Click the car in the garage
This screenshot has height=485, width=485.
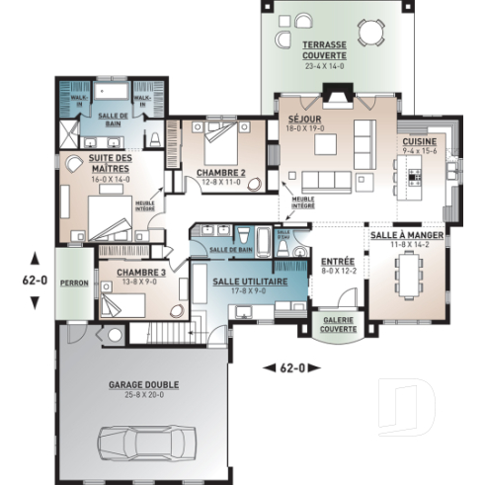point(145,440)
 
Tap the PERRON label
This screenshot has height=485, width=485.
point(73,283)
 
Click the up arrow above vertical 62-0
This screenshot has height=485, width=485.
point(35,258)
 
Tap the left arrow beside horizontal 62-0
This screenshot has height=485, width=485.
point(268,367)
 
